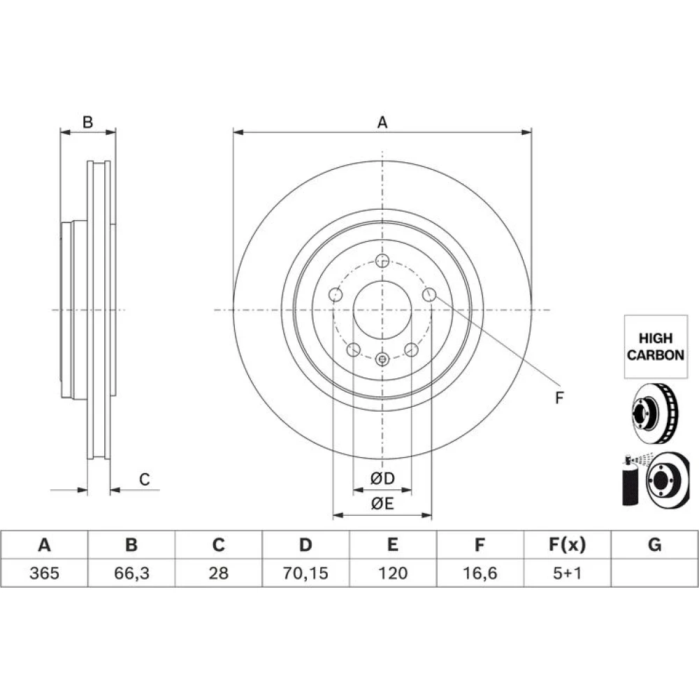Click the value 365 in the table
coord(44,573)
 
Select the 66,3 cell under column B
coord(131,573)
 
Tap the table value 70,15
coord(305,573)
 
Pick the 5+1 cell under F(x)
coord(567,573)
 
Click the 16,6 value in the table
coord(480,573)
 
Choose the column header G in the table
coord(654,545)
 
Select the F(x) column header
coord(567,545)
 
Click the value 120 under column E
coord(393,573)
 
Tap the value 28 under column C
coord(218,573)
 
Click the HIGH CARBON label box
coord(656,347)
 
